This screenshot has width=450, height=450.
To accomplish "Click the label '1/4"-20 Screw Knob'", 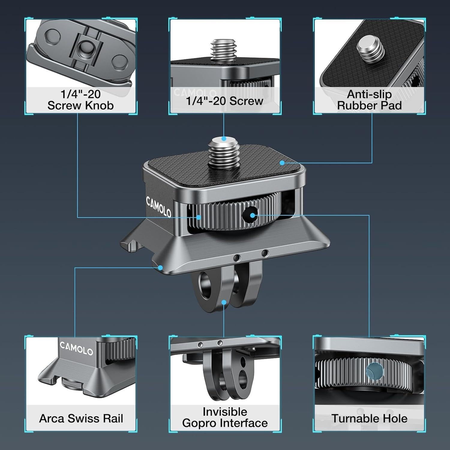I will tap(80, 100).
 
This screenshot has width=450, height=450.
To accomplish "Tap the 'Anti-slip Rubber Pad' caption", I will tap(369, 100).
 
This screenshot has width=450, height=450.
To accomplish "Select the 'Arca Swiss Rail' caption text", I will tap(81, 418).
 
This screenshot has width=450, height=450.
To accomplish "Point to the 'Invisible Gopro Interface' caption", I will tap(225, 417).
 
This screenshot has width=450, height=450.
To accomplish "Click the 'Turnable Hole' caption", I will tap(369, 418).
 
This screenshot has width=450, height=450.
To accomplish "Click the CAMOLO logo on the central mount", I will tap(159, 207).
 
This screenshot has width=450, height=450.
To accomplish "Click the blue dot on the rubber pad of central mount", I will tap(282, 163).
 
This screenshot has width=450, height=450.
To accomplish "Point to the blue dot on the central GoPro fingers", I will tap(224, 302).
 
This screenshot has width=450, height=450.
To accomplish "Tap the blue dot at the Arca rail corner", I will tap(161, 268).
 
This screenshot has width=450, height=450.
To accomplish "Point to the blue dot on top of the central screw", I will tap(224, 139).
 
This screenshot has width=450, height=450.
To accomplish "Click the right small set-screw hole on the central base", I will tap(265, 253).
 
